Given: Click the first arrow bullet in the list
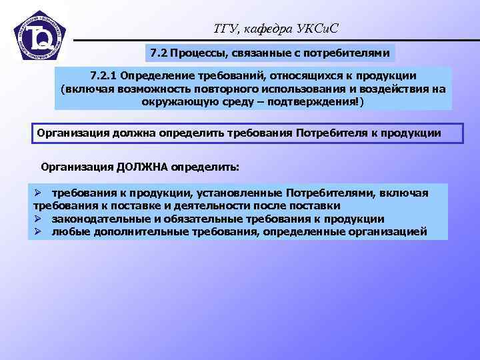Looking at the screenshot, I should point(39,193).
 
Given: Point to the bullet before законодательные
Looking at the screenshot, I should point(39,219).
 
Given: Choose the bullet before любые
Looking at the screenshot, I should point(39,231).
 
